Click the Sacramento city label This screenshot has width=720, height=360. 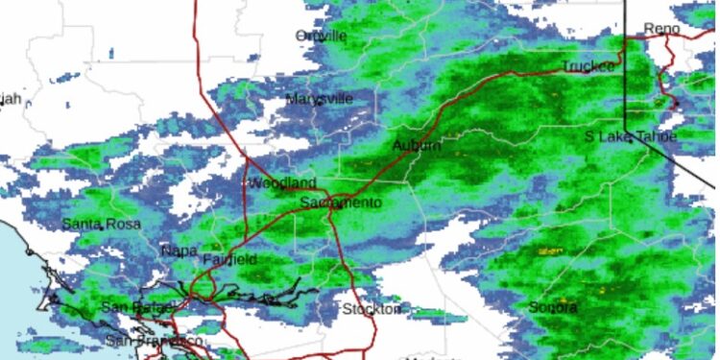341,204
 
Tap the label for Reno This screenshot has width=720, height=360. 660,28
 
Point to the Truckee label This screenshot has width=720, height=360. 587,66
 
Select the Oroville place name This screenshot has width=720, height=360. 320,36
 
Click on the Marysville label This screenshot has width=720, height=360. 320,99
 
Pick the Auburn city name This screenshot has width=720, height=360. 417,145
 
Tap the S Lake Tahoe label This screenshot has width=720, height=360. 631,137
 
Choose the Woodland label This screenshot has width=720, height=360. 282,183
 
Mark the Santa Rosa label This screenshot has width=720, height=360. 101,224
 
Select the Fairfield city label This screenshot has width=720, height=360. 230,260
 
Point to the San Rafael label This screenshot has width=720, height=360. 136,308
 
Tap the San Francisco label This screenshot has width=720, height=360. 154,341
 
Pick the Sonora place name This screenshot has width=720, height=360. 553,308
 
